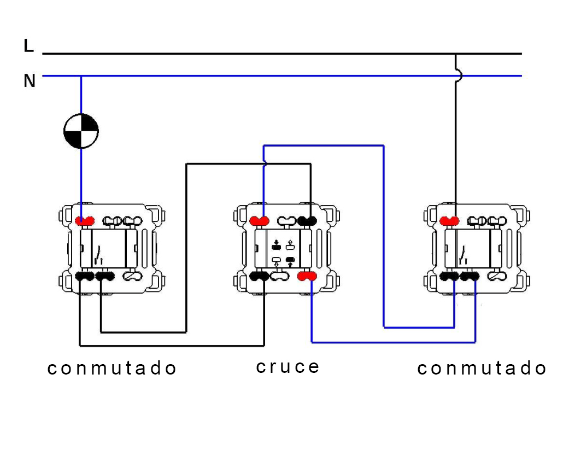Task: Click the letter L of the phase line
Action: click(x=29, y=46)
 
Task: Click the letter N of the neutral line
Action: click(x=30, y=81)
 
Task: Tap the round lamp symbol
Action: click(x=81, y=131)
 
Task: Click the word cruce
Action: click(x=287, y=366)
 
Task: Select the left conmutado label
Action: click(x=112, y=369)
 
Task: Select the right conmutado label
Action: click(x=482, y=369)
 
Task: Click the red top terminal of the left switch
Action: click(x=85, y=221)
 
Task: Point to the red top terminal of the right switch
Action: click(x=450, y=220)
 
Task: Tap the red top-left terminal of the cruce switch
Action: click(x=260, y=221)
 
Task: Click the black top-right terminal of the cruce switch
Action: click(x=308, y=221)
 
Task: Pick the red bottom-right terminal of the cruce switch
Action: click(x=307, y=277)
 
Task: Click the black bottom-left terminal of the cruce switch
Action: click(x=259, y=277)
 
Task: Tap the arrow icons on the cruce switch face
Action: click(x=283, y=253)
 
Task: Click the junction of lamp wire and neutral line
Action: click(x=81, y=76)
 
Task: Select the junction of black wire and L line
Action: click(x=456, y=54)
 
